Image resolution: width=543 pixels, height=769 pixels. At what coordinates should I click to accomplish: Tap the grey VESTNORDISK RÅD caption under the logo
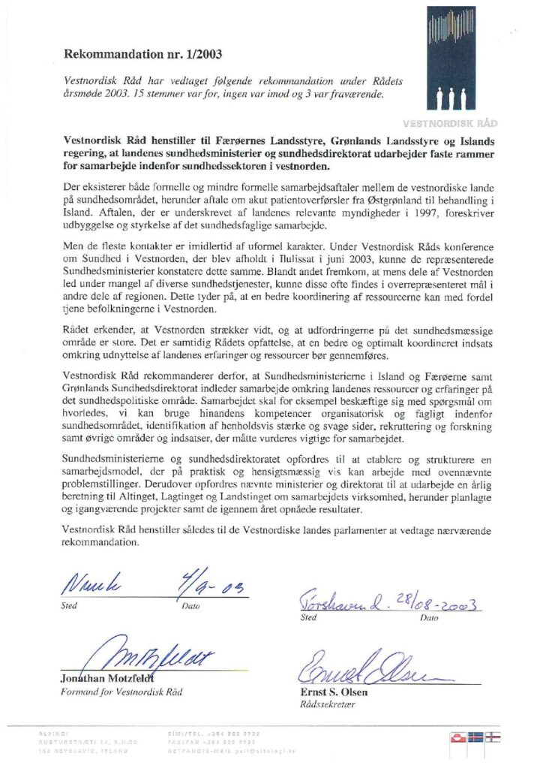pos(458,122)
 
